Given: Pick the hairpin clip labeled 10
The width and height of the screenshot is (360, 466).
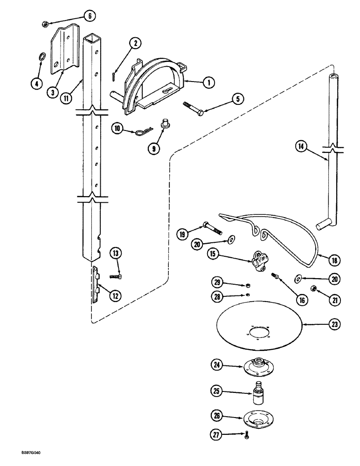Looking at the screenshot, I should click(139, 132).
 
